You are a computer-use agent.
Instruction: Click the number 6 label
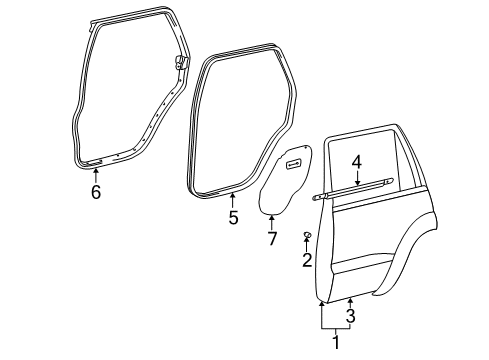(96, 192)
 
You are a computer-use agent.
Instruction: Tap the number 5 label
(233, 217)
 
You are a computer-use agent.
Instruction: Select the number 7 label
(271, 238)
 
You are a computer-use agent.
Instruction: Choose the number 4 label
(356, 162)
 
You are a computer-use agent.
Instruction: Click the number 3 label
(350, 317)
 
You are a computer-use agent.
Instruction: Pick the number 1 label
(336, 343)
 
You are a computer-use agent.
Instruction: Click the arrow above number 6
(96, 174)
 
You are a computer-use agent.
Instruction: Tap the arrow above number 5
(232, 198)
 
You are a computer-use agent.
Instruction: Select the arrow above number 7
(271, 220)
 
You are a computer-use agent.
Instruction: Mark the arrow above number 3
(350, 301)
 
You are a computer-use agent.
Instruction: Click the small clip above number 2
(307, 235)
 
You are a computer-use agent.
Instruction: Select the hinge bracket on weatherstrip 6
(182, 62)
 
